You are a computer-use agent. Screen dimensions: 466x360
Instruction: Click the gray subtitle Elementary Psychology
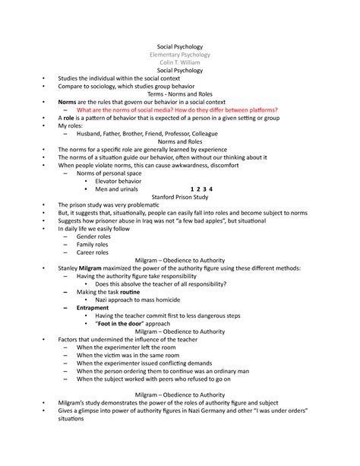pos(180,55)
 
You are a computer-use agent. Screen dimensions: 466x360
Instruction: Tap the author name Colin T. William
pos(180,63)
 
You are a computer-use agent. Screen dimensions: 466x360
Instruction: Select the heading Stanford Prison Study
pos(180,196)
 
